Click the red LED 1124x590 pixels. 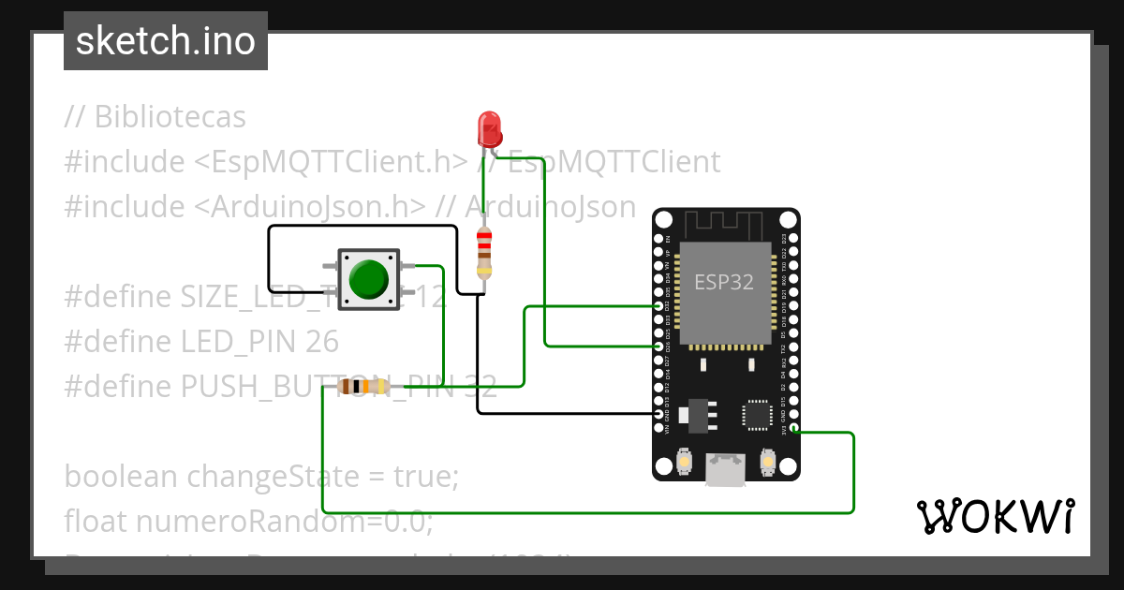pos(488,125)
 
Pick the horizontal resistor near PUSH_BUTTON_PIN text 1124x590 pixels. pos(364,386)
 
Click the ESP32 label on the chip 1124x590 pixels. pos(723,282)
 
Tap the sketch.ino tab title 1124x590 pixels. pos(165,41)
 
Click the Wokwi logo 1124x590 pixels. pos(995,516)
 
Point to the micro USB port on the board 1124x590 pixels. pos(726,469)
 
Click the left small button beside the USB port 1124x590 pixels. pos(685,462)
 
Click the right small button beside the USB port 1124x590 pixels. pos(767,462)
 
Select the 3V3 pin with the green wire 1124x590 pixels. pos(793,429)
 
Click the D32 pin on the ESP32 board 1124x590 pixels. pos(658,306)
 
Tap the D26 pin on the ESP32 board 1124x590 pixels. pos(658,347)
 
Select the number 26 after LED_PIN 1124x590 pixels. pos(322,342)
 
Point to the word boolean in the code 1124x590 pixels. pos(121,477)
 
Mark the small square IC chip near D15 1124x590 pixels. pos(757,414)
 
